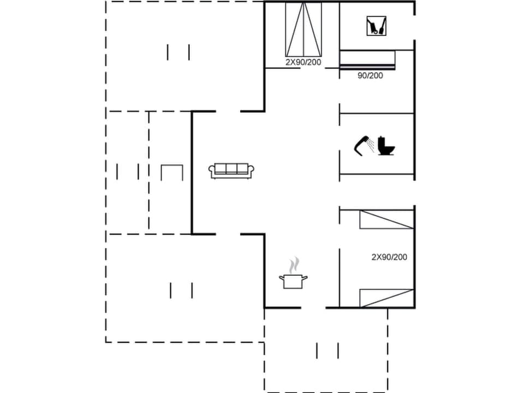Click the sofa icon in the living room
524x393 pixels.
point(231,171)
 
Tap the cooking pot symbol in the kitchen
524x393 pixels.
point(293,282)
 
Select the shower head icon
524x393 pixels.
point(361,145)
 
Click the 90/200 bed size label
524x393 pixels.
point(370,76)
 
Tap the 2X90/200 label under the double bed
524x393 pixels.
point(303,62)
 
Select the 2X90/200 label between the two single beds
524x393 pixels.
point(389,257)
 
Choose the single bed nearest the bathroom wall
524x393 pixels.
point(386,220)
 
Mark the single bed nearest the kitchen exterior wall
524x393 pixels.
point(386,298)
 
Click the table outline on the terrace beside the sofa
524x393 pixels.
point(172,172)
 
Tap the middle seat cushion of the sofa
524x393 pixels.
point(231,169)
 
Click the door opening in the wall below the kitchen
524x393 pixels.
point(313,308)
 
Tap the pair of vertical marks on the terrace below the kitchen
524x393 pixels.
point(327,350)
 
